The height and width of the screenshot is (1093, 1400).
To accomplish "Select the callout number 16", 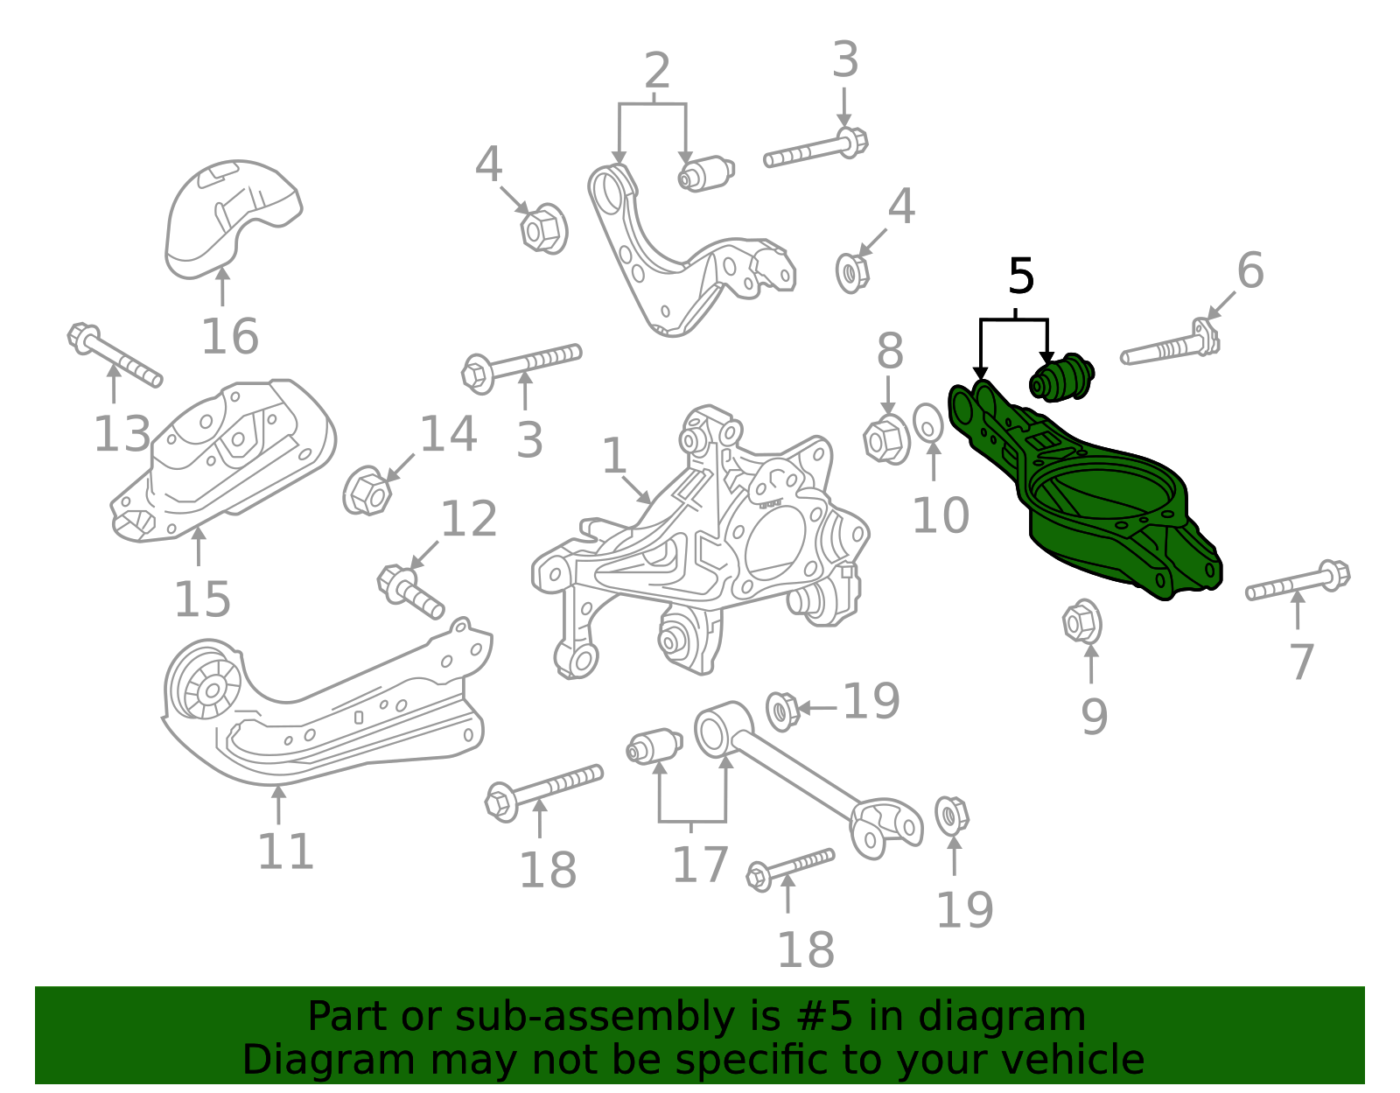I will tap(229, 337).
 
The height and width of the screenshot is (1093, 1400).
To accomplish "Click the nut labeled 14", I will tap(367, 492).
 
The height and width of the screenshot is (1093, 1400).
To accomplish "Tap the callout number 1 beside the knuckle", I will tap(614, 456).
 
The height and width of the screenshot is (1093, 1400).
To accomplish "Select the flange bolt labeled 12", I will tap(409, 590).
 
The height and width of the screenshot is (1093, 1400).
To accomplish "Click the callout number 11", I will tap(284, 851).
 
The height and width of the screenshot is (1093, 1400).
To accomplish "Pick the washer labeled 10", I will tap(928, 424).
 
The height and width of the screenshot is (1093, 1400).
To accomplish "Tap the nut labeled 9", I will tap(1081, 623).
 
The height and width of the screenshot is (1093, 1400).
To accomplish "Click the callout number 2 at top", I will tap(656, 71).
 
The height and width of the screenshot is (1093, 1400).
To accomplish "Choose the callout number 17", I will tap(699, 865).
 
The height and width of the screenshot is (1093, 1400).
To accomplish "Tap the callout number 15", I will tap(202, 599).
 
